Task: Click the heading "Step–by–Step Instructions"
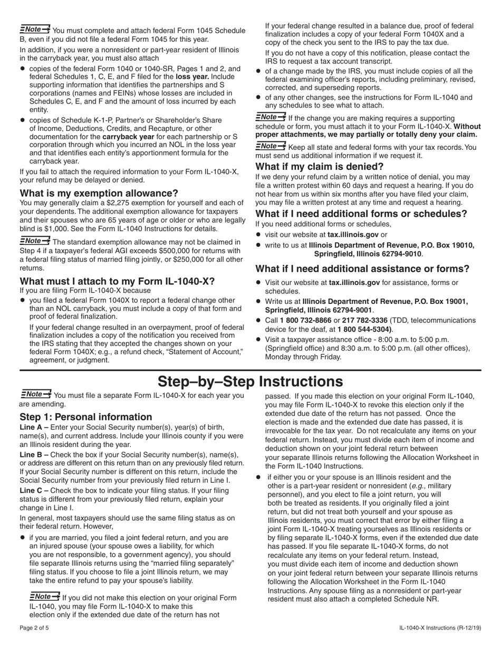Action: click(250, 381)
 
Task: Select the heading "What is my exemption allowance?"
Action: click(99, 193)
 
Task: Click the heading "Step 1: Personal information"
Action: click(85, 417)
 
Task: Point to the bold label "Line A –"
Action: click(34, 427)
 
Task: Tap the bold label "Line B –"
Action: click(34, 455)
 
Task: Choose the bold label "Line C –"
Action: click(34, 491)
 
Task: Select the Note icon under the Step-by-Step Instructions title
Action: click(36, 394)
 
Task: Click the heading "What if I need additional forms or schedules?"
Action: click(361, 214)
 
